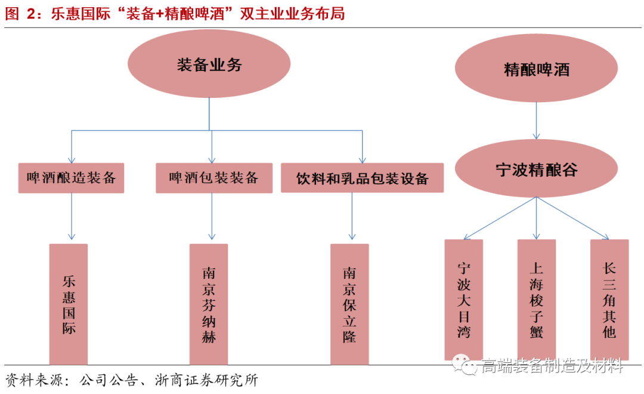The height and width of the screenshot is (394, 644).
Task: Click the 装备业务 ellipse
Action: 209,64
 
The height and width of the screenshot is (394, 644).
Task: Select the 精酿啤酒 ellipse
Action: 536,69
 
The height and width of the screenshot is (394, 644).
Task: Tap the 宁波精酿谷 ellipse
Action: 536,169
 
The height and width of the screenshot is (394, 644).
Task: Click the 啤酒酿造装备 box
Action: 72,178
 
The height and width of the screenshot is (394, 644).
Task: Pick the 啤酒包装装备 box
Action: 213,178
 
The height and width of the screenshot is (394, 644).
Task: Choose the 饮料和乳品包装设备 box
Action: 362,178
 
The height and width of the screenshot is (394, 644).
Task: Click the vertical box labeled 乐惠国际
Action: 69,304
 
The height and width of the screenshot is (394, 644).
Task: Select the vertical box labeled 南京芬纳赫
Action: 209,304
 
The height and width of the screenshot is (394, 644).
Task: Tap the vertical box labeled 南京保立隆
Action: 349,304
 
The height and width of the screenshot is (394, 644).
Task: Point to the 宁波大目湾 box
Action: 463,299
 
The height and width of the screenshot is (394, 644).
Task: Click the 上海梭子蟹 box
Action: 536,299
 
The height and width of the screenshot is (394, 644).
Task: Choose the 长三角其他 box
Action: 609,299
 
